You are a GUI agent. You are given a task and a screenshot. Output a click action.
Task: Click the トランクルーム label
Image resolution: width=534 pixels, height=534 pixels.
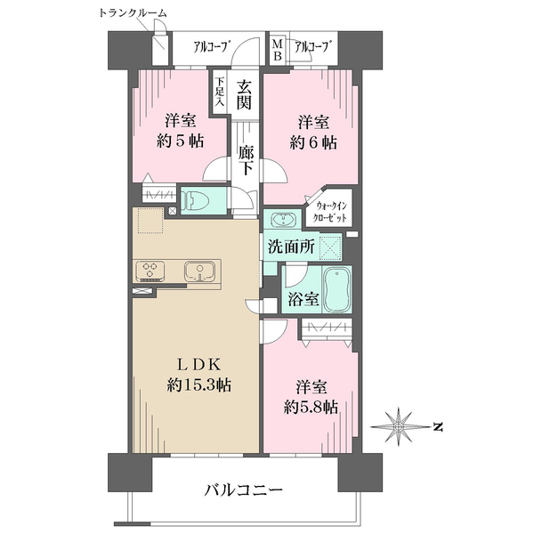click(x=133, y=13)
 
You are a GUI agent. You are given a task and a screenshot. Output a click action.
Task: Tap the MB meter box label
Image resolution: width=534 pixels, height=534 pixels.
click(x=278, y=50)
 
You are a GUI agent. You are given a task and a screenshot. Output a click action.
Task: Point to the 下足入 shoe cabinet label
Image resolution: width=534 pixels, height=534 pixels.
click(x=220, y=92)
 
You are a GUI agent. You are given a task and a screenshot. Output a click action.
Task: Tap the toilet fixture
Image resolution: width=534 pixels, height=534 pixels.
click(x=193, y=200)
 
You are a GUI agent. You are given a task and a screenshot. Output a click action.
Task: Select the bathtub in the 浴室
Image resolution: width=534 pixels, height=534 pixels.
click(x=336, y=290)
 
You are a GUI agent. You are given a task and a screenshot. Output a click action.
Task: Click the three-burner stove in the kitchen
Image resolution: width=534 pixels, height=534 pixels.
click(x=150, y=270)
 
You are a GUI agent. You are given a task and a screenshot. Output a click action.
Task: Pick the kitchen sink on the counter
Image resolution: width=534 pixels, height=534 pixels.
click(x=200, y=271)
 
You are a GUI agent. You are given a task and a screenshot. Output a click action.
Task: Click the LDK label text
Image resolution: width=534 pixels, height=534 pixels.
click(x=199, y=365)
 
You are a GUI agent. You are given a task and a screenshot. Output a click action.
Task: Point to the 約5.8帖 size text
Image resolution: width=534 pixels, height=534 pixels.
click(x=311, y=407)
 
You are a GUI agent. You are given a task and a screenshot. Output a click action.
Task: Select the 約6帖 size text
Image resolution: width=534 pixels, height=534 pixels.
click(x=313, y=142)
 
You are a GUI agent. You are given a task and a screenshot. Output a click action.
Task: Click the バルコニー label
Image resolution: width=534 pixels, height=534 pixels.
click(x=244, y=490)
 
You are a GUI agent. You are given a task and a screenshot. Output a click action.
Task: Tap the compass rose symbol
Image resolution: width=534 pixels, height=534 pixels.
click(x=398, y=426)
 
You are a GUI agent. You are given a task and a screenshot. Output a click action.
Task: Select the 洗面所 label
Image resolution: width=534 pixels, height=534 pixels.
click(x=291, y=247)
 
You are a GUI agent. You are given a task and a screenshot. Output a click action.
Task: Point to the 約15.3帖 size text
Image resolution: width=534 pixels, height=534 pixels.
click(x=199, y=385)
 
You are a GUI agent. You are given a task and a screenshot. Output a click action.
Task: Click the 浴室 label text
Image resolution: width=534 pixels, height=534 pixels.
click(x=303, y=299)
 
